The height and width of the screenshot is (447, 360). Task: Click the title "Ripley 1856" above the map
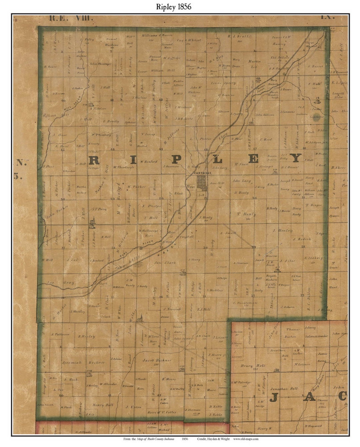[x=174, y=7]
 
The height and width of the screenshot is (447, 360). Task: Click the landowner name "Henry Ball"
[x=103, y=405]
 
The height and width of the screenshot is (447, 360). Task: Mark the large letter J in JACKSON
[x=274, y=397]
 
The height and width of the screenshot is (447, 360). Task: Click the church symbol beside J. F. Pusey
[x=92, y=222]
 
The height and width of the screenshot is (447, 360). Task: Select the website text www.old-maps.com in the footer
[x=246, y=439]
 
